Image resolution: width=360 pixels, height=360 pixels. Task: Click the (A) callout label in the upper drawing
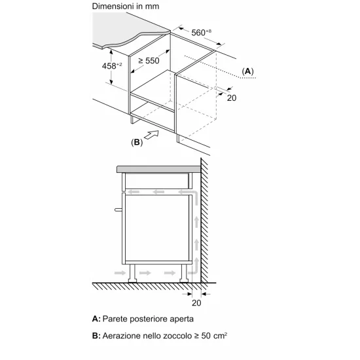click(247, 71)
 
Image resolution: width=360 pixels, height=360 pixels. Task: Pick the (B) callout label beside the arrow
click(137, 141)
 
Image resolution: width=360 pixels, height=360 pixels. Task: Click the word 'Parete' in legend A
click(117, 319)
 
